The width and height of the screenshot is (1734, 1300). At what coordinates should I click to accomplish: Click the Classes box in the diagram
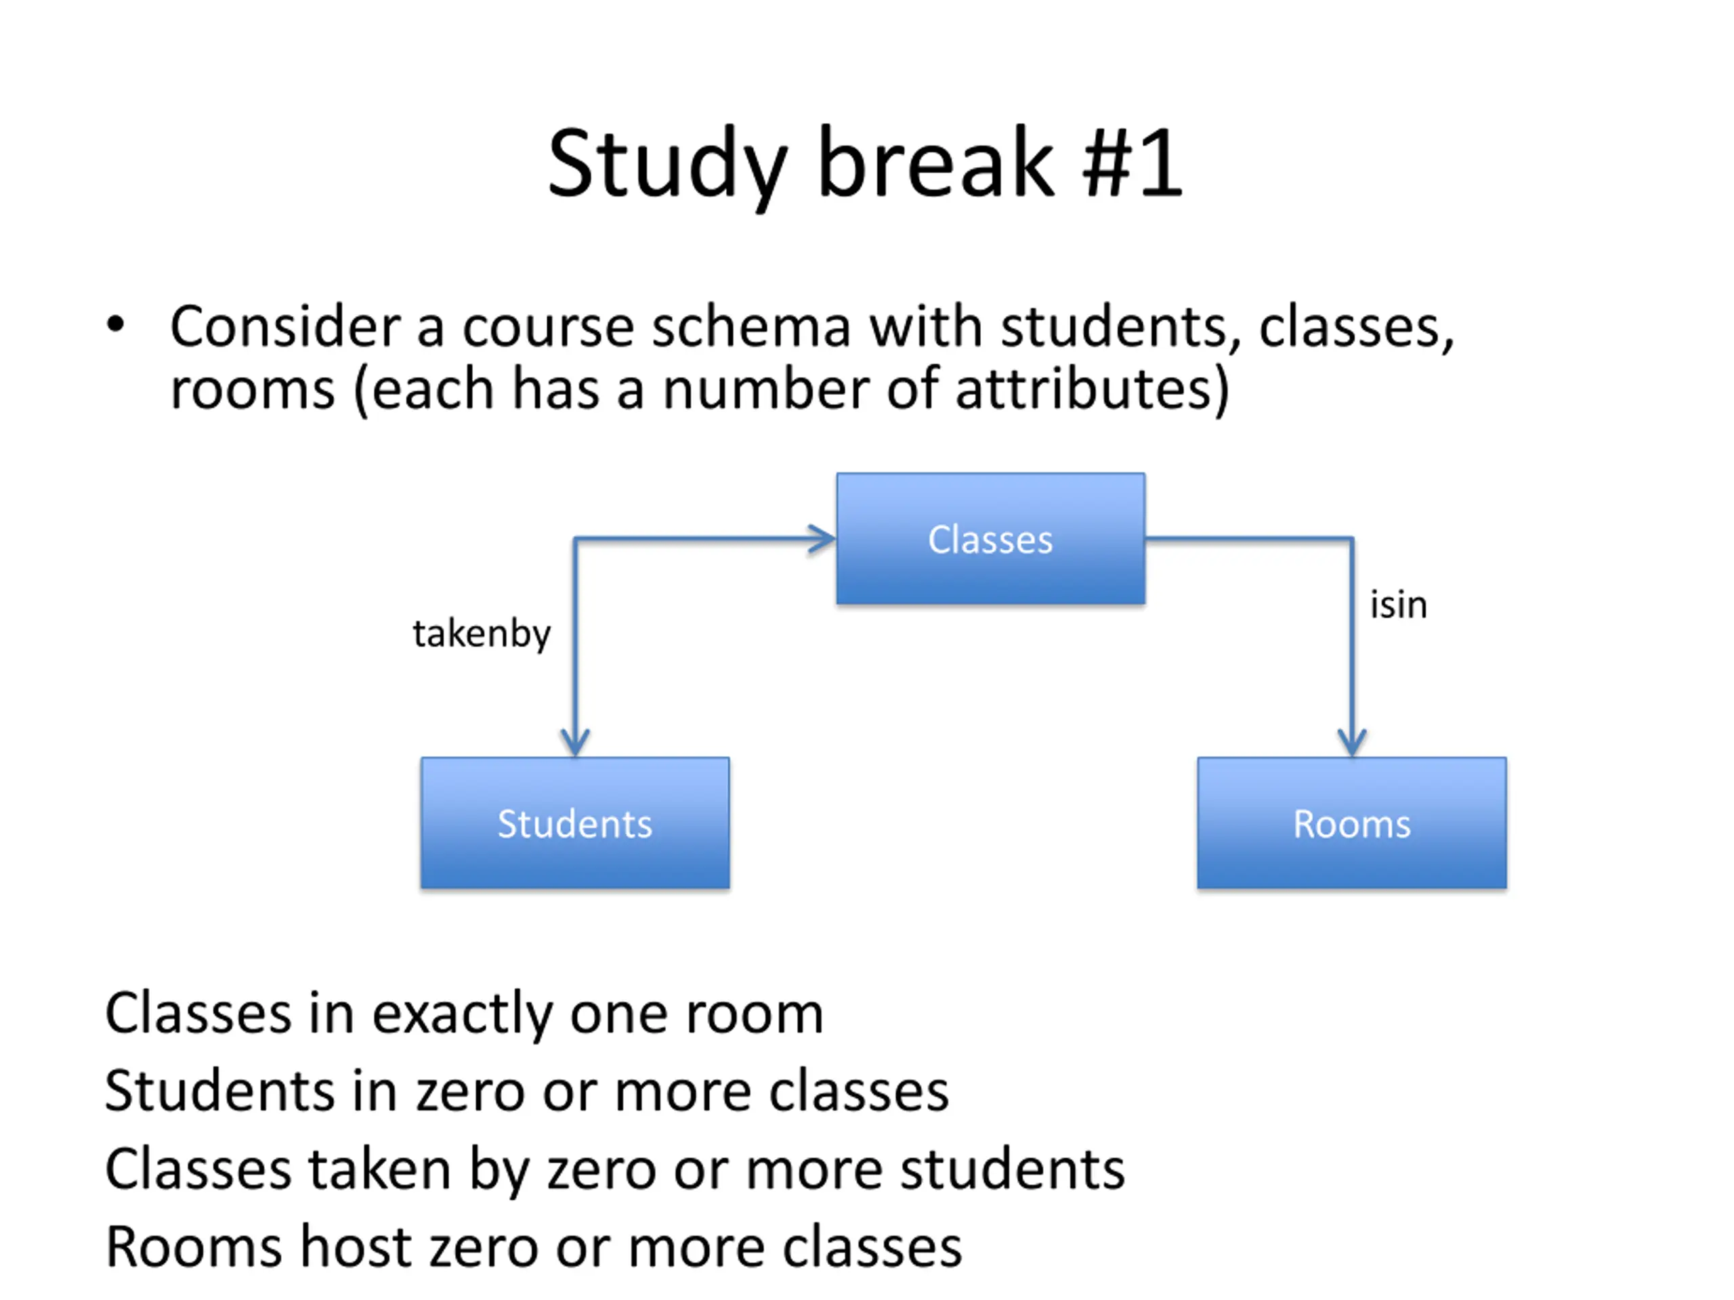pyautogui.click(x=990, y=539)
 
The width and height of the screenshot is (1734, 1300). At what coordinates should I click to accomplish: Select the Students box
pyautogui.click(x=574, y=823)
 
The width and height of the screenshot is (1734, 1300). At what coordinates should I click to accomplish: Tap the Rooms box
pyautogui.click(x=1351, y=823)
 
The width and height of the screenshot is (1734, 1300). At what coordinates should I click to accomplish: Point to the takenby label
pyautogui.click(x=482, y=633)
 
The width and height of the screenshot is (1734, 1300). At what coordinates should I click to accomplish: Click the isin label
pyautogui.click(x=1398, y=605)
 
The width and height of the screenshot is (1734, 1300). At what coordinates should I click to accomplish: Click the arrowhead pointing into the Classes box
pyautogui.click(x=823, y=539)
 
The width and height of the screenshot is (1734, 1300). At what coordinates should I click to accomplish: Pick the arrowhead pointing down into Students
pyautogui.click(x=574, y=741)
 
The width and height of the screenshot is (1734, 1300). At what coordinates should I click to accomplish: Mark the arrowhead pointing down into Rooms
pyautogui.click(x=1351, y=741)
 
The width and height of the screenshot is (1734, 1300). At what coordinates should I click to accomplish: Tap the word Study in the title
pyautogui.click(x=667, y=165)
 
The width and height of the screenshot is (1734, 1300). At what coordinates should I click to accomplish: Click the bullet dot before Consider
pyautogui.click(x=115, y=324)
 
